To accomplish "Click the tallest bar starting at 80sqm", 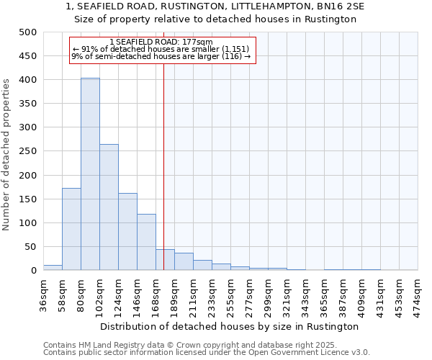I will (90, 174).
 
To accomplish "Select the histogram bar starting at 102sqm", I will (109, 207).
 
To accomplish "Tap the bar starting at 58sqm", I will (71, 229).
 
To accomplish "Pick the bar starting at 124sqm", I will (127, 232).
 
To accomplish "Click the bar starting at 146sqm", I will (146, 242).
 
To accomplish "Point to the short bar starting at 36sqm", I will (53, 267).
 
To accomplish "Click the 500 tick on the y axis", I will (27, 32).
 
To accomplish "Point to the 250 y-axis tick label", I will (27, 151).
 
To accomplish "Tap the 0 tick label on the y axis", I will (33, 271).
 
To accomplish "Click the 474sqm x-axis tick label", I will (418, 294).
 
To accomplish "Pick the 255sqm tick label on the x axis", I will (231, 294).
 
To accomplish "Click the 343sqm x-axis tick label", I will (305, 294).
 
